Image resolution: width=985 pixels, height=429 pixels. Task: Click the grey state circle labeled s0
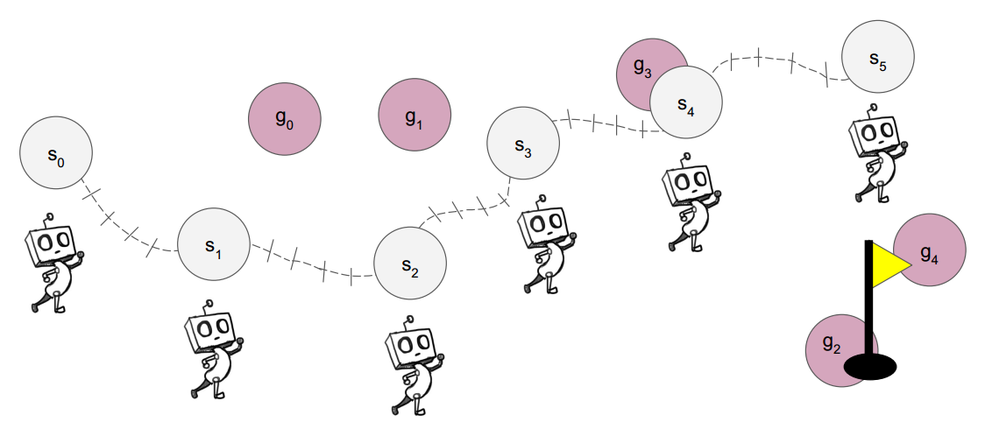click(56, 153)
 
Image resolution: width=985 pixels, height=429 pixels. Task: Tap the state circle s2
click(410, 264)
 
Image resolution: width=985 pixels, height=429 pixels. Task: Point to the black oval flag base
click(870, 368)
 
